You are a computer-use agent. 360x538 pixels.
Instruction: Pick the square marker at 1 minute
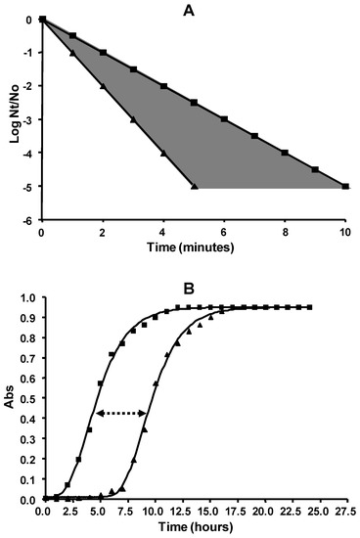pos(72,36)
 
